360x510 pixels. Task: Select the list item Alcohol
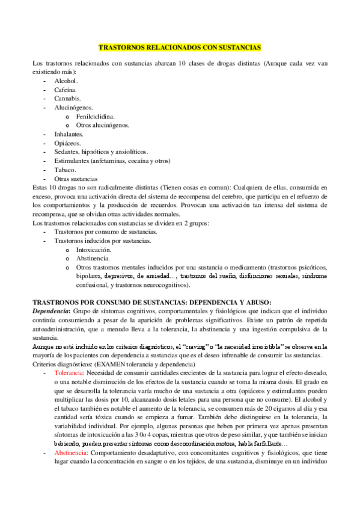[x=66, y=81]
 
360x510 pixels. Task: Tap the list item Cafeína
[x=66, y=90]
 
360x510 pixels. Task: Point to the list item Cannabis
[x=67, y=99]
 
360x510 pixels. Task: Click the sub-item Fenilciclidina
[x=96, y=116]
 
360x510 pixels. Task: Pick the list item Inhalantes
[x=69, y=134]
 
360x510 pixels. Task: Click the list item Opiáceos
[x=67, y=143]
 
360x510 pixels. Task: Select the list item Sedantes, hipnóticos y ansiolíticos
[x=101, y=152]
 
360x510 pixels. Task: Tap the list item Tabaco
[x=65, y=170]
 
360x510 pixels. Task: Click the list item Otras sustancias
[x=76, y=179]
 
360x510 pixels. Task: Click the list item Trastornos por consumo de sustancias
[x=106, y=232]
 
